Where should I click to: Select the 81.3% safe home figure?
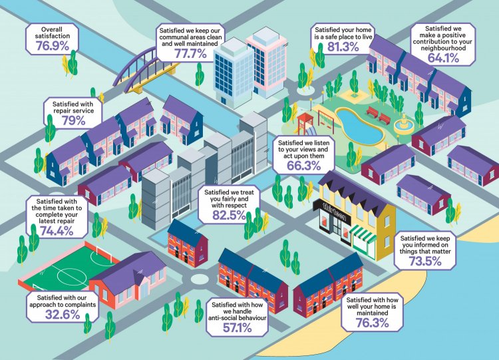tap(343, 47)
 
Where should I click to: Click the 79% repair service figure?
tap(73, 120)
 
